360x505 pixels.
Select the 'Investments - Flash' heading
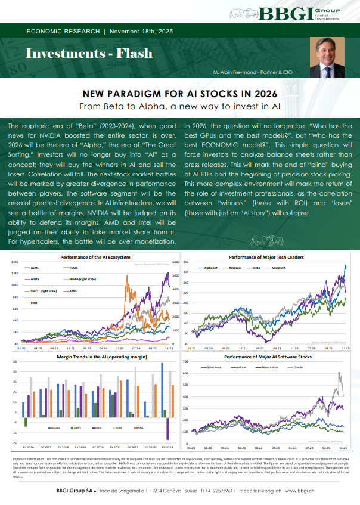[89, 53]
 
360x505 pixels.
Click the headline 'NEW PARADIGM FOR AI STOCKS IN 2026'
[180, 95]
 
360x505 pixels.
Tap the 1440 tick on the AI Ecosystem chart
[14, 262]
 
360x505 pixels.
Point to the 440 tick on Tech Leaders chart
[185, 262]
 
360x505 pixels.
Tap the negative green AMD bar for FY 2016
[26, 422]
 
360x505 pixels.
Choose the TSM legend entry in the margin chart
[121, 427]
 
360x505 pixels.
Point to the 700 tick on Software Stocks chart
[185, 361]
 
